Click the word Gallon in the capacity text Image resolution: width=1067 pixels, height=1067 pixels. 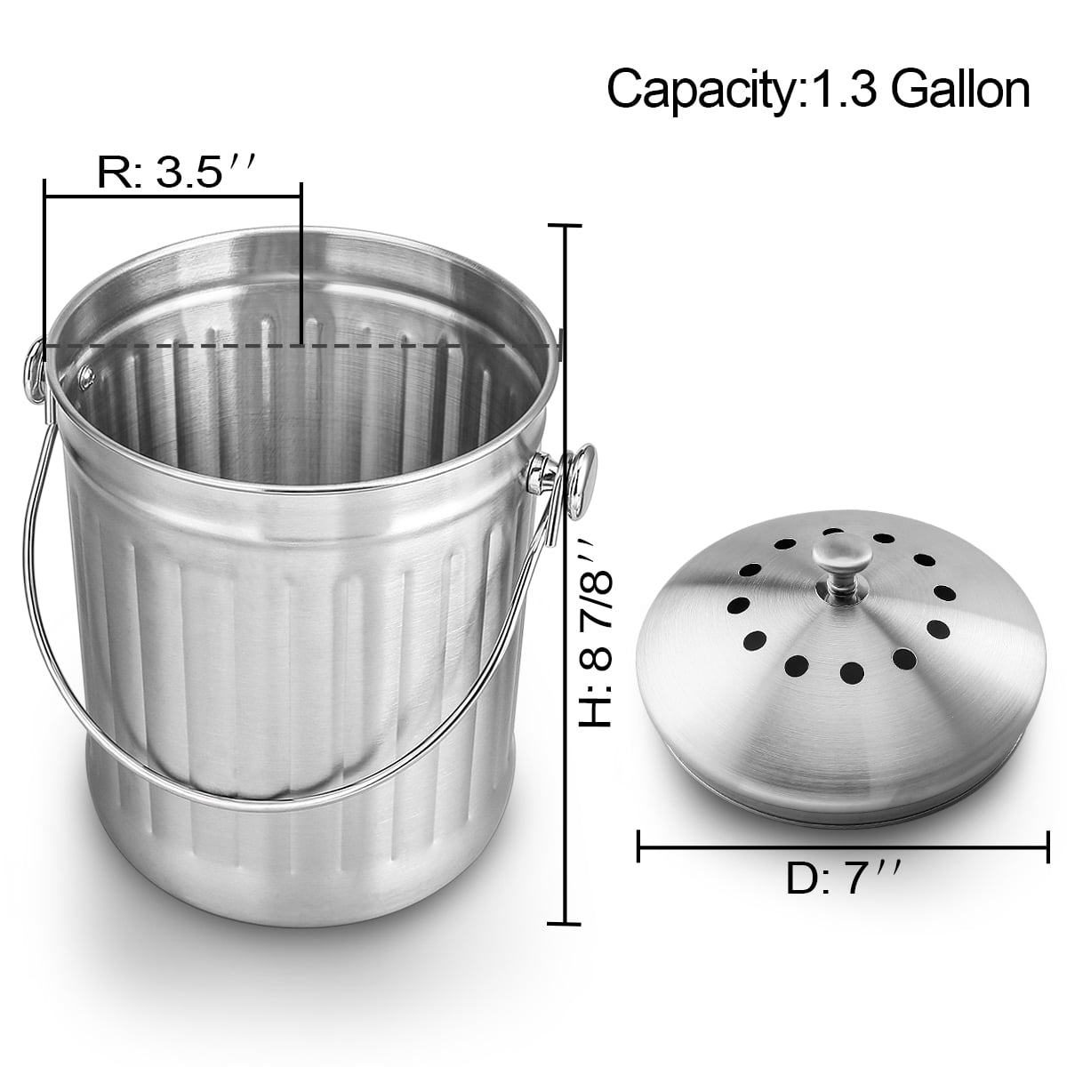point(960,89)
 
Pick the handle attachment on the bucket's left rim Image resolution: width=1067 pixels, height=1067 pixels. point(35,370)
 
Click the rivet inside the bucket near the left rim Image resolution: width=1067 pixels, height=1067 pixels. point(86,376)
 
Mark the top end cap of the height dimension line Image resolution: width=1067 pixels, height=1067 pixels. point(565,225)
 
